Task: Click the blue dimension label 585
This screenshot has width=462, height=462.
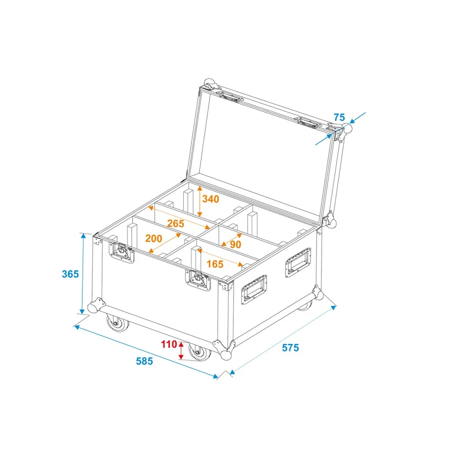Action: click(144, 361)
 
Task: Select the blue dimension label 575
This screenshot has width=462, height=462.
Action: click(291, 348)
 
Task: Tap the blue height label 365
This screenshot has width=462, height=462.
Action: click(70, 274)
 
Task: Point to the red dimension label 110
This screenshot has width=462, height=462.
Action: click(169, 344)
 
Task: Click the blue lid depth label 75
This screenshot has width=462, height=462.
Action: click(339, 117)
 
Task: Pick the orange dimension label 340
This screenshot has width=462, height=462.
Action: click(211, 199)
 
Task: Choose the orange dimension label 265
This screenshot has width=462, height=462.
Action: click(176, 223)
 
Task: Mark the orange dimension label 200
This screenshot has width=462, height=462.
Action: click(153, 238)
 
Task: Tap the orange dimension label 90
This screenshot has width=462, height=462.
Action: click(236, 244)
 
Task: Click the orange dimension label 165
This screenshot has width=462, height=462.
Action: click(215, 264)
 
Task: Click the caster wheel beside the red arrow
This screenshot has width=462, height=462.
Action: click(200, 352)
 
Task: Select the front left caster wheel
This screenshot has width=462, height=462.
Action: click(117, 323)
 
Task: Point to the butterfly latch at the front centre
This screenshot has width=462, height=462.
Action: click(198, 280)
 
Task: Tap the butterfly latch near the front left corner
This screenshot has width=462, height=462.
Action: click(122, 252)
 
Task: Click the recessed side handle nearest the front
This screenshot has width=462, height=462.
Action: click(254, 289)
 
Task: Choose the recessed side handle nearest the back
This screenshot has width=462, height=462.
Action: click(298, 262)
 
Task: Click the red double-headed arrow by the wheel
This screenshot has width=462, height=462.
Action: click(181, 351)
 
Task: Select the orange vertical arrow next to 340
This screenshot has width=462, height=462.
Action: click(200, 201)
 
